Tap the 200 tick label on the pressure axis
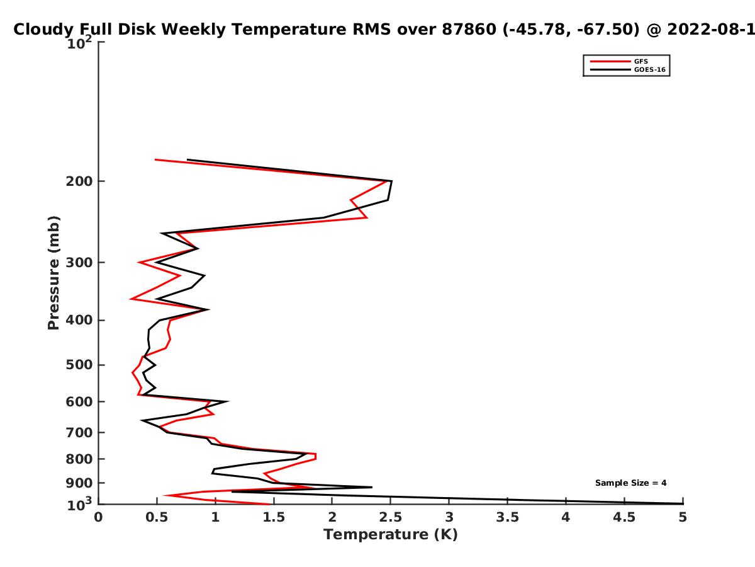click(x=79, y=181)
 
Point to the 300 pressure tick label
click(x=79, y=263)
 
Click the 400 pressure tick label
click(x=79, y=320)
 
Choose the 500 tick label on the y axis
click(x=79, y=365)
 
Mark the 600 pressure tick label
click(x=79, y=402)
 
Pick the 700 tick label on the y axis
click(x=79, y=433)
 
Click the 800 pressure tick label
click(x=79, y=459)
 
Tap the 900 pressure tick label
click(x=79, y=483)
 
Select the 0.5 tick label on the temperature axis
click(x=157, y=517)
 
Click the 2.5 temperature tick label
click(x=391, y=517)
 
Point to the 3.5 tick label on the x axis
click(x=507, y=517)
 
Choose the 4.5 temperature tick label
click(x=624, y=517)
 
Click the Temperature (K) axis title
click(x=391, y=535)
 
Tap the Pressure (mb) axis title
click(x=53, y=273)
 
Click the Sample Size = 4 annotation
click(x=631, y=483)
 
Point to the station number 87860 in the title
click(x=469, y=29)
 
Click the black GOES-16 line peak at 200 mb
click(x=391, y=181)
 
